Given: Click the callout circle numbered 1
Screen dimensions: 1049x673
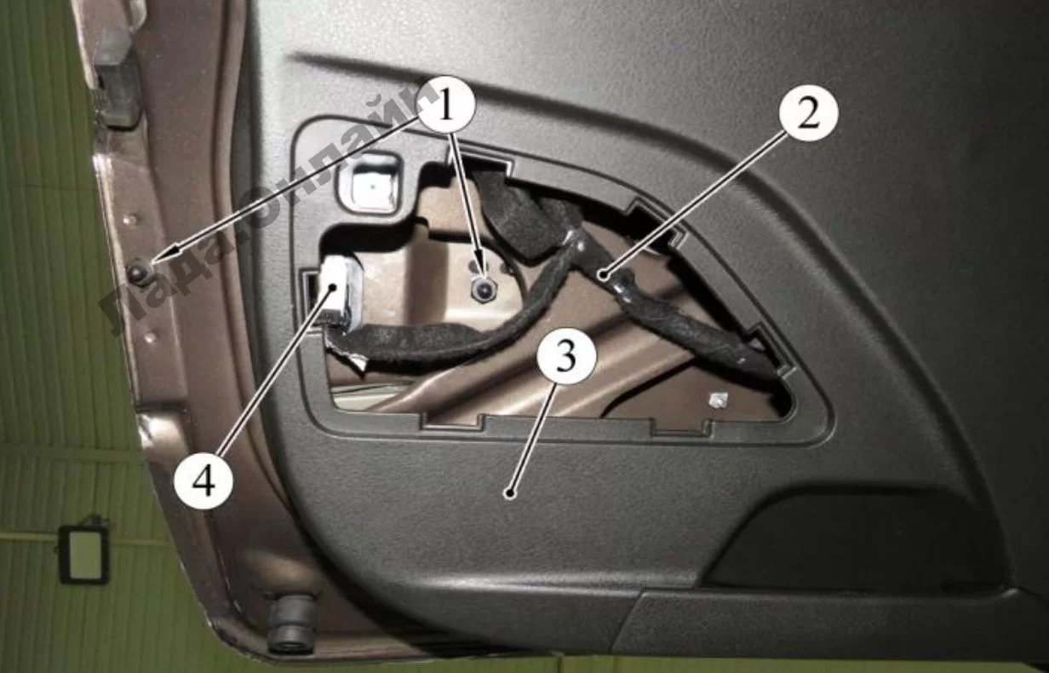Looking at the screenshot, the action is (445, 106).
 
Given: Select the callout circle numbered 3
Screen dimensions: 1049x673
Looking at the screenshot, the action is (567, 357).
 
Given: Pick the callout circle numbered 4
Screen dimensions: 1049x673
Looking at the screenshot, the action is (203, 480).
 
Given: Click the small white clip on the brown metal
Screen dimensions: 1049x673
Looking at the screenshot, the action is (717, 400).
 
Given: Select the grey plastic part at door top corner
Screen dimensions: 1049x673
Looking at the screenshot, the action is (116, 78).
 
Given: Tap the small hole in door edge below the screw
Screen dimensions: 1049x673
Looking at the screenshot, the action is (150, 337).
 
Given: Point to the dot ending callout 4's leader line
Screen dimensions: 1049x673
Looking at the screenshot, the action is (335, 287).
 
